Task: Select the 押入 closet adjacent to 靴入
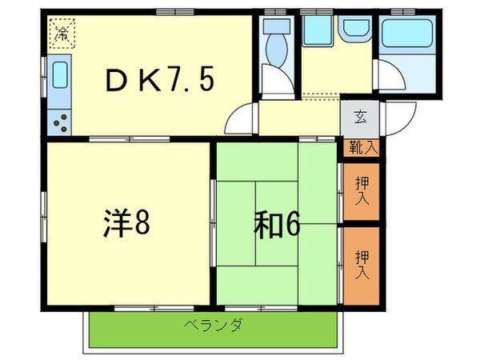(x=361, y=191)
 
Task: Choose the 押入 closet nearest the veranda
(x=361, y=264)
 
